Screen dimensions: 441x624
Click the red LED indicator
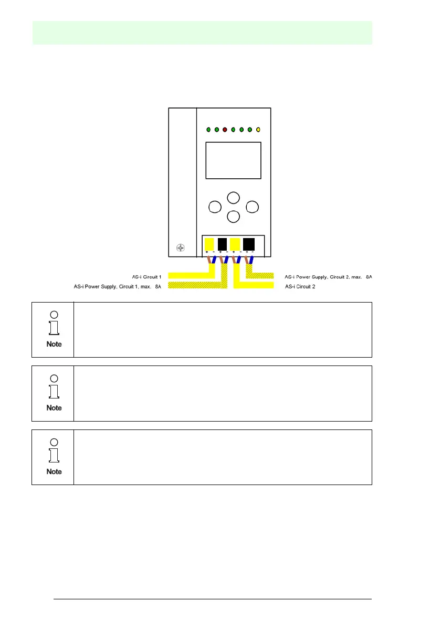(x=225, y=130)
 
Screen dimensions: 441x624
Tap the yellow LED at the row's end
(x=258, y=130)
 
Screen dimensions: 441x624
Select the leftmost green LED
(x=208, y=130)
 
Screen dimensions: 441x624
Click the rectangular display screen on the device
(x=233, y=160)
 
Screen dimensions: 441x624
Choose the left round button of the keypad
(x=214, y=207)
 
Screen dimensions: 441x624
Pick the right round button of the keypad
(x=253, y=207)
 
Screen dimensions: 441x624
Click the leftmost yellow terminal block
(x=209, y=244)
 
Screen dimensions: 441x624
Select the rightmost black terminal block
(x=249, y=244)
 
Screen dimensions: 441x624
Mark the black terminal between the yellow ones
(x=222, y=244)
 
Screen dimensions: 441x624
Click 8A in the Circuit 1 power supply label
(x=158, y=287)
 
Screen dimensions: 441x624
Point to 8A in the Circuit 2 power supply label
(x=369, y=276)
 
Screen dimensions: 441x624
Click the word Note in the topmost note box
(x=54, y=344)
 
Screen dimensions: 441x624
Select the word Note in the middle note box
(x=54, y=407)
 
